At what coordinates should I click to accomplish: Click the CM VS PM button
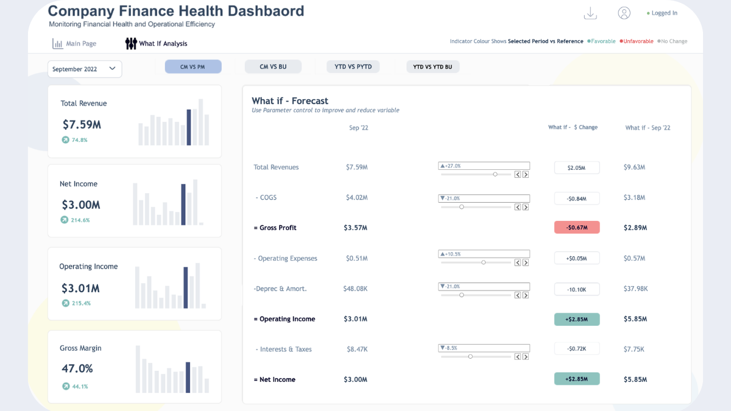click(x=192, y=67)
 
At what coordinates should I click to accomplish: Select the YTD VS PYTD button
click(x=353, y=67)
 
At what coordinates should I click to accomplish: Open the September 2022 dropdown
click(x=85, y=69)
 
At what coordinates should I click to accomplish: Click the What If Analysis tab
click(x=157, y=44)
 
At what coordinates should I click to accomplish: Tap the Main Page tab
click(x=74, y=44)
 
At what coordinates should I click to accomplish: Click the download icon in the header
click(x=590, y=13)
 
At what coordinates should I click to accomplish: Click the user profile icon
click(x=624, y=13)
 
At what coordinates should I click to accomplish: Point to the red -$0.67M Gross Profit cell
click(x=576, y=228)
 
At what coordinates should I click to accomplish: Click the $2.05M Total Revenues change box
click(x=576, y=167)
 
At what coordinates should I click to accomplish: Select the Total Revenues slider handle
click(x=495, y=174)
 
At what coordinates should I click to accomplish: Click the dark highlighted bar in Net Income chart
click(x=183, y=205)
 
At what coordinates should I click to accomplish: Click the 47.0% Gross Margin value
click(x=77, y=368)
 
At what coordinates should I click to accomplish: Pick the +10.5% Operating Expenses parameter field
click(x=484, y=254)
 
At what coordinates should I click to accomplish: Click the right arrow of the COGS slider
click(x=526, y=207)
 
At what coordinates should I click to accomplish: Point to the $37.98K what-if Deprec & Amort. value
click(x=635, y=289)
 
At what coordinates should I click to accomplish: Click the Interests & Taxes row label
click(x=284, y=350)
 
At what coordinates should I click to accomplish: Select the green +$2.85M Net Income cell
click(x=576, y=379)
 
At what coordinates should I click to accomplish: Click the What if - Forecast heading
click(x=290, y=101)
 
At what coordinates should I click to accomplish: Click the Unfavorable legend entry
click(x=637, y=41)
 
